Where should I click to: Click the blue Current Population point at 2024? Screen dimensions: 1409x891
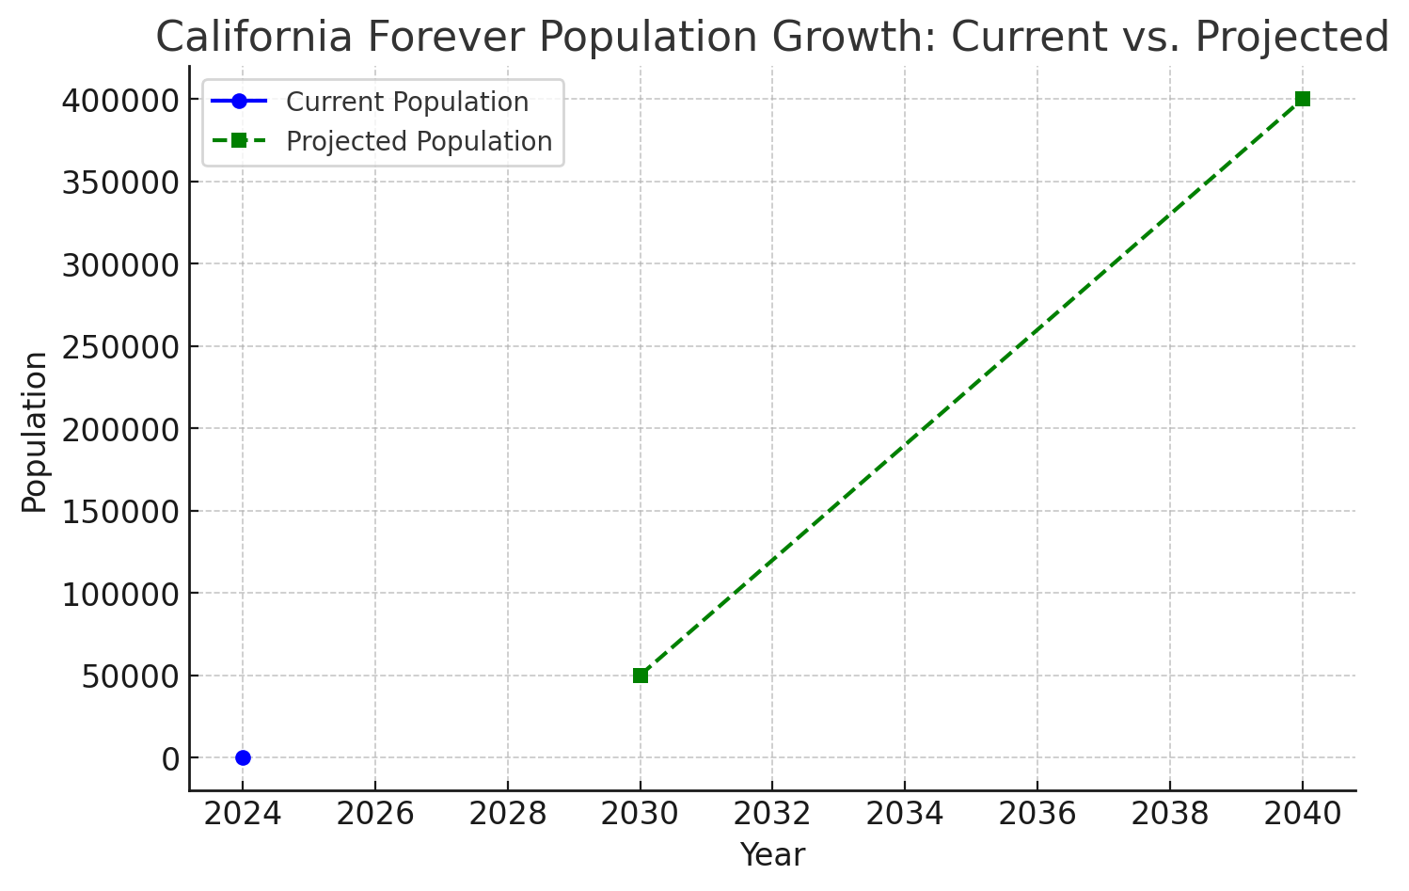[x=243, y=757]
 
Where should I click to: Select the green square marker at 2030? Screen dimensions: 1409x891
[x=641, y=676]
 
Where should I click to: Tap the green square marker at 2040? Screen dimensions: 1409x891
[x=1303, y=99]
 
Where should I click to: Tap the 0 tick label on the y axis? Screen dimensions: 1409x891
[x=171, y=759]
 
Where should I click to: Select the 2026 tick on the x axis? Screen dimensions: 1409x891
[x=375, y=814]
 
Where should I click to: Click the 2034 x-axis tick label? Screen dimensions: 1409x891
[x=905, y=814]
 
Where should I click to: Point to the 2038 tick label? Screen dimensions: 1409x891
[x=1170, y=814]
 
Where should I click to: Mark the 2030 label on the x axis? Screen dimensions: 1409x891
[x=640, y=814]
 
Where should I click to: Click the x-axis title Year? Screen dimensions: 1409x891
[x=772, y=854]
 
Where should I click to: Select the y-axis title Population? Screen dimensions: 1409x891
[x=35, y=432]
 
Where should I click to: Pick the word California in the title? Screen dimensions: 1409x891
[x=254, y=36]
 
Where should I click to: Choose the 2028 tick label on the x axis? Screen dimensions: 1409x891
[x=508, y=814]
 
